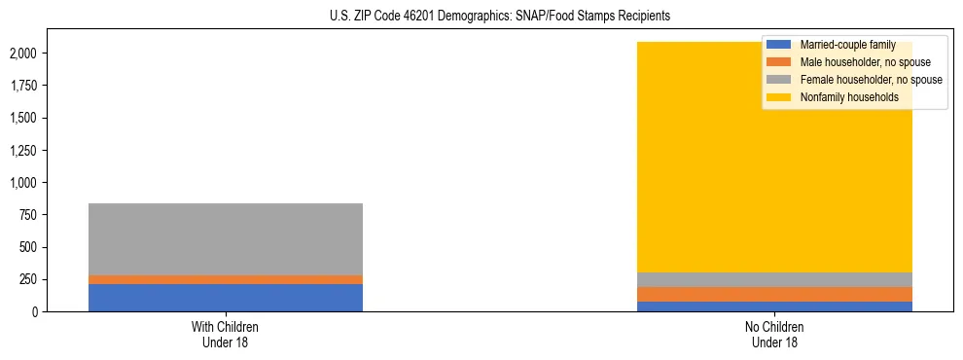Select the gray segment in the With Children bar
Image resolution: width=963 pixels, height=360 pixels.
(226, 239)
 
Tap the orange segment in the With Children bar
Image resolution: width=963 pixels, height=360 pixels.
(226, 279)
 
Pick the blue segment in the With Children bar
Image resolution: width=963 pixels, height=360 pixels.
(226, 298)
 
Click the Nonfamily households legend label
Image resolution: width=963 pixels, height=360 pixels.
(849, 97)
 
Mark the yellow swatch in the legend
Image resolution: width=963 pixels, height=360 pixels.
(779, 97)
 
